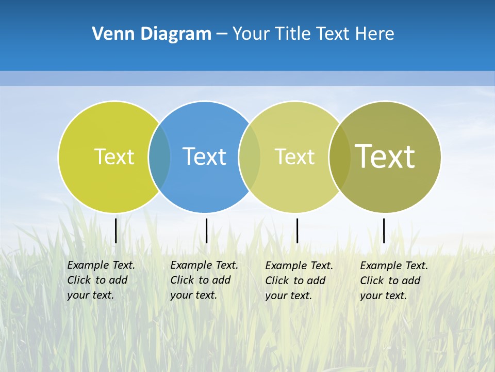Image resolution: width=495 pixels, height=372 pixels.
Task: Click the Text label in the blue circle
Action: [x=205, y=157]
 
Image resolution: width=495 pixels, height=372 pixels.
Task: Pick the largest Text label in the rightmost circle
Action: [x=385, y=156]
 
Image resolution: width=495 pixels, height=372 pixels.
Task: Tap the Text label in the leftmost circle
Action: [x=114, y=157]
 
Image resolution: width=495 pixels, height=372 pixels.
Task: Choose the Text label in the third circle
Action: [x=294, y=157]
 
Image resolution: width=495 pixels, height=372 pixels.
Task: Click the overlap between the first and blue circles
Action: [x=159, y=157]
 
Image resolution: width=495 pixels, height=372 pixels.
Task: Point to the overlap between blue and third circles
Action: [x=250, y=157]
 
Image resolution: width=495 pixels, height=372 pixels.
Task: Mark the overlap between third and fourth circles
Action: [x=340, y=157]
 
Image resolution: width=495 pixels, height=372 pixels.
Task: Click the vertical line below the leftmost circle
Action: [x=116, y=230]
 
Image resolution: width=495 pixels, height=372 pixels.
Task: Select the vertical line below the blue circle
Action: [x=206, y=230]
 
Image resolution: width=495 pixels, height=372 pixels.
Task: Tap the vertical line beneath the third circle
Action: [x=297, y=230]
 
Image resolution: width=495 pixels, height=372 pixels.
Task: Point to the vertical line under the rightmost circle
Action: [x=384, y=230]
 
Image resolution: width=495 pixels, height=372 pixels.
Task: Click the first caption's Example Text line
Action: [x=101, y=265]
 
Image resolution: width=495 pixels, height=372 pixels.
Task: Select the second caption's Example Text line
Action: [x=204, y=265]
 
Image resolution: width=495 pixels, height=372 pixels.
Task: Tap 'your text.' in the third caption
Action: [x=289, y=296]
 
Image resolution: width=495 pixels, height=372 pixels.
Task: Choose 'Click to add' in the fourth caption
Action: [x=390, y=281]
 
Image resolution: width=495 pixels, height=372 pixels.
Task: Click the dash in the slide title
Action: [x=222, y=34]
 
